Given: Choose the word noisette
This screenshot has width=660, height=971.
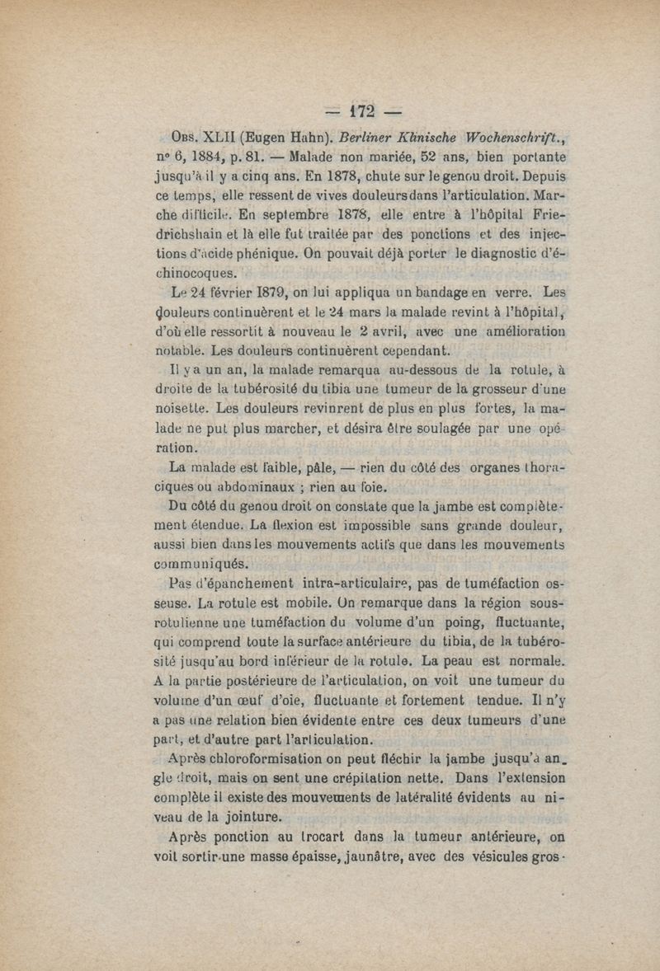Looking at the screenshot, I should tap(184, 407).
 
